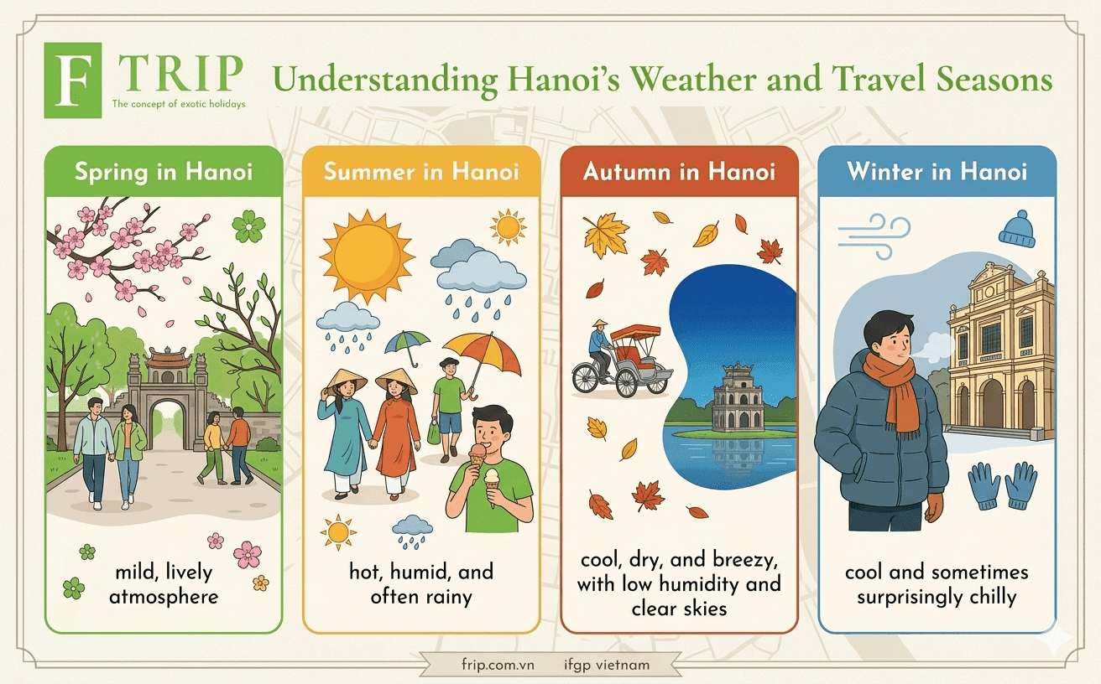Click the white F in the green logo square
coord(73,80)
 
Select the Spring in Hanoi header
coord(164,172)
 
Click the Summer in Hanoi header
coord(421,172)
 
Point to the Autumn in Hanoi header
coord(679,172)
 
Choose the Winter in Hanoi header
coord(937,172)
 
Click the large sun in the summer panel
coord(367,256)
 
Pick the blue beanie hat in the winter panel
coord(1016,229)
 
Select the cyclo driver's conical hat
coord(600,324)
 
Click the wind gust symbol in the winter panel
coord(874,236)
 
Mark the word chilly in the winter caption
coord(993,597)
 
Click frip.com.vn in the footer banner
coord(498,665)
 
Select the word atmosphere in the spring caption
coord(164,597)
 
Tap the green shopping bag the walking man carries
coord(434,432)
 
